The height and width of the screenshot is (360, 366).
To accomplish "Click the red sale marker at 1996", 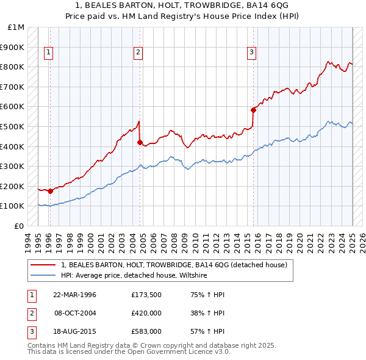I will click(50, 191).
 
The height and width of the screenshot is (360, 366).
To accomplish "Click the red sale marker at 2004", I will click(140, 142).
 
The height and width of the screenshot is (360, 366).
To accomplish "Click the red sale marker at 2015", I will click(253, 110).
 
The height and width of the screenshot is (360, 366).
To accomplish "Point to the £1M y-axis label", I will click(16, 27).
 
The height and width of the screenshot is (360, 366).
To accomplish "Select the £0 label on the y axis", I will click(20, 226).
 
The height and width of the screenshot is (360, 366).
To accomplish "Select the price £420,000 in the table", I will click(146, 314).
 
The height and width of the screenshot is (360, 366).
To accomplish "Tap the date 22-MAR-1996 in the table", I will click(74, 294).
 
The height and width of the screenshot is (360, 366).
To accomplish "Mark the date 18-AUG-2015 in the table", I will click(74, 333).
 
